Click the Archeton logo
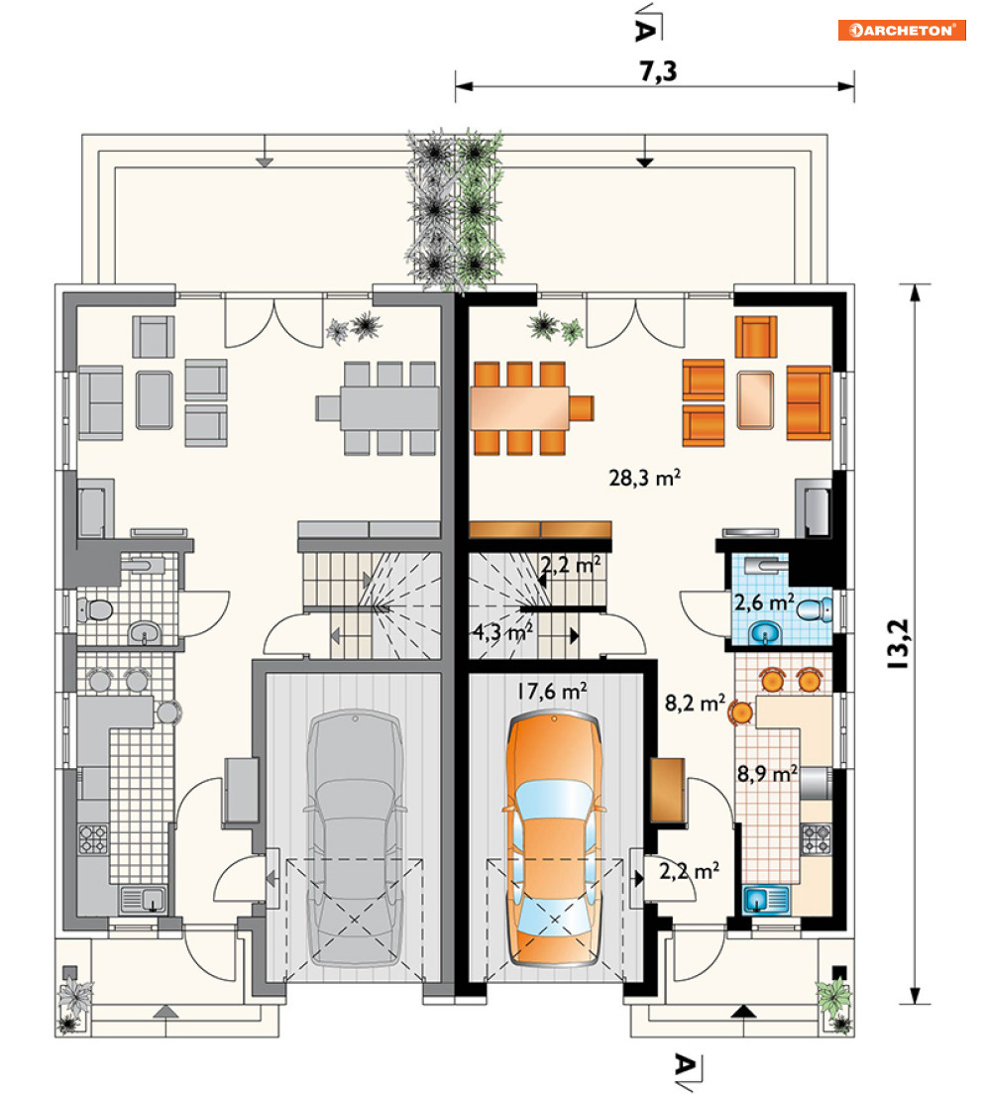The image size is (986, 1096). pyautogui.click(x=902, y=30)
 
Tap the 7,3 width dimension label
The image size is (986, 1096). pyautogui.click(x=658, y=71)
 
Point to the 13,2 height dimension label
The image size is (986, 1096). pyautogui.click(x=899, y=644)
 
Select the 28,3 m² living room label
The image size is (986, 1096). pyautogui.click(x=644, y=478)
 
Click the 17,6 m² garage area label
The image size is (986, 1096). pyautogui.click(x=551, y=692)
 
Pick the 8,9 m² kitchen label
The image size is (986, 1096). pyautogui.click(x=767, y=773)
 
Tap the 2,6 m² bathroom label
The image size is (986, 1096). pyautogui.click(x=764, y=602)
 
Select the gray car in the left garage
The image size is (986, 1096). pyautogui.click(x=355, y=838)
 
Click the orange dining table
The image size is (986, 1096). pyautogui.click(x=520, y=408)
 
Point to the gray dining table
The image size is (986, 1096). pyautogui.click(x=389, y=408)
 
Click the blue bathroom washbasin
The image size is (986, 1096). pyautogui.click(x=764, y=634)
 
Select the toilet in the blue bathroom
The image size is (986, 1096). pyautogui.click(x=815, y=610)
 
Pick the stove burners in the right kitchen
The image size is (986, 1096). pyautogui.click(x=815, y=838)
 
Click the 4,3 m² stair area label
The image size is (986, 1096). pyautogui.click(x=502, y=632)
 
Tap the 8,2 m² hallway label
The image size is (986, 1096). pyautogui.click(x=695, y=703)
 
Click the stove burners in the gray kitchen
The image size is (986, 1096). pyautogui.click(x=93, y=838)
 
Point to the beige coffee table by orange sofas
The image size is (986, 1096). pyautogui.click(x=755, y=399)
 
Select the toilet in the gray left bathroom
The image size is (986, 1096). pyautogui.click(x=95, y=610)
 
